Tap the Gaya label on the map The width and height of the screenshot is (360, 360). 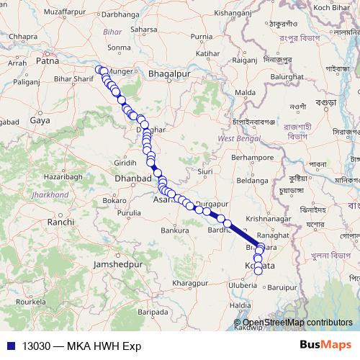(39, 122)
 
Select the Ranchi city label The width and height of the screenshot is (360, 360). (60, 223)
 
